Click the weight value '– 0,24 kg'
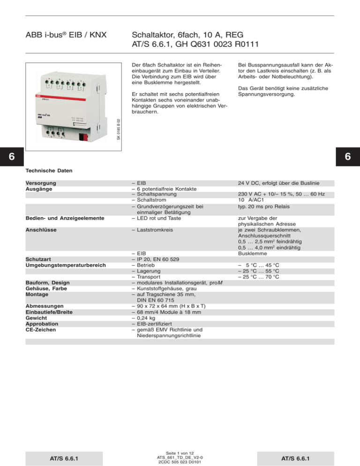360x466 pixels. click(147, 318)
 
